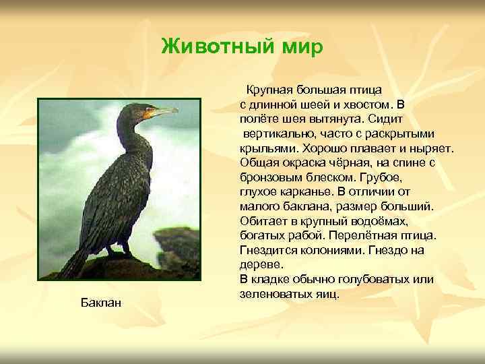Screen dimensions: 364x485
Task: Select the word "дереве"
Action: (259, 266)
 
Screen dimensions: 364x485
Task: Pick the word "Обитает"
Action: (264, 221)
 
